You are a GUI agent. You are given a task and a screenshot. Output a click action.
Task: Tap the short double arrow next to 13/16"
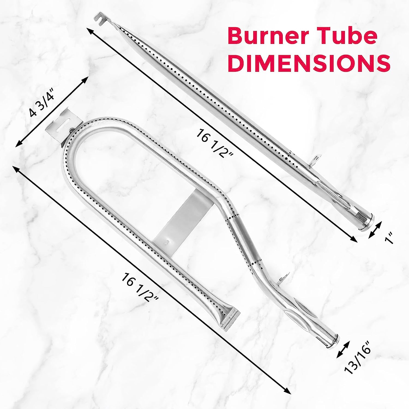coord(344,349)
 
